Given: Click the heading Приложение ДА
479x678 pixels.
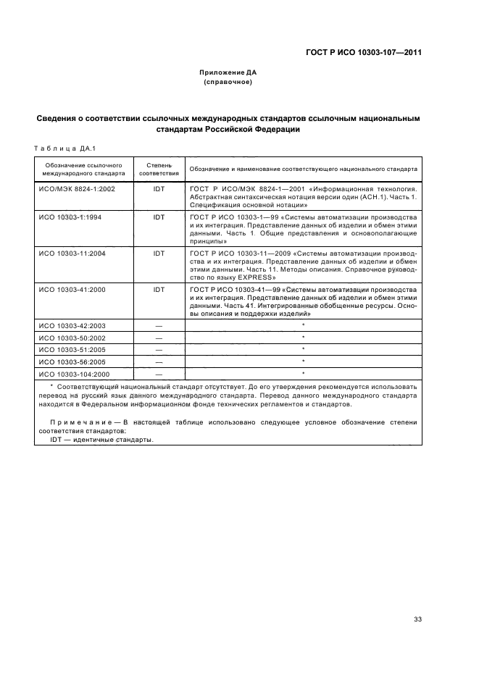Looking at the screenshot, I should coord(228,72).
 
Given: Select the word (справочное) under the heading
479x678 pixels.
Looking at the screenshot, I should coord(228,82).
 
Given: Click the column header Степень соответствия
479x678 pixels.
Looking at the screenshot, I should coord(159,169).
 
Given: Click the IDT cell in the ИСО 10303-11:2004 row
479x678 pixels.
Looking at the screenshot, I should coord(159,254).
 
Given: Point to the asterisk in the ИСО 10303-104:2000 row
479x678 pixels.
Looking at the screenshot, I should coord(303,373).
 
